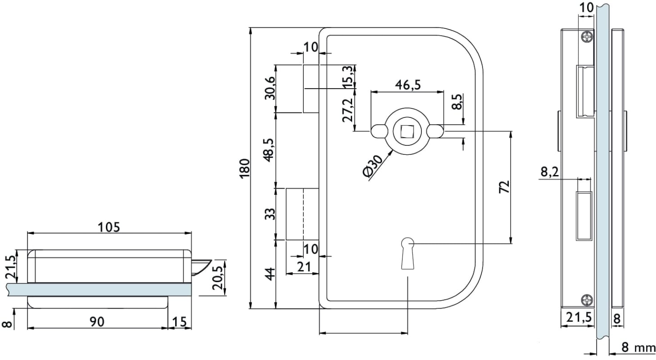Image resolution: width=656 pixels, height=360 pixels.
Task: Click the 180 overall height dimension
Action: [244, 168]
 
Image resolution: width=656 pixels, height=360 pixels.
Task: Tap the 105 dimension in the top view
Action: [109, 227]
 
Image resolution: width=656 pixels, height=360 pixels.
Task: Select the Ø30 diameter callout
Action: [373, 166]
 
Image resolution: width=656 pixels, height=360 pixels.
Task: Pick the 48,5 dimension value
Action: [269, 149]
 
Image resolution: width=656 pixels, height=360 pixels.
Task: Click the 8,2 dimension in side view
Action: [549, 171]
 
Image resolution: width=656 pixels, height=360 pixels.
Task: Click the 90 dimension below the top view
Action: [97, 321]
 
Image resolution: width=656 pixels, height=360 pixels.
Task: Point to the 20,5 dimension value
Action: [219, 278]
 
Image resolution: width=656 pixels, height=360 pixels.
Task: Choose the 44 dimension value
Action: [269, 274]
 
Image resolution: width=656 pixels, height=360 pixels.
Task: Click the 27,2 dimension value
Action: [347, 111]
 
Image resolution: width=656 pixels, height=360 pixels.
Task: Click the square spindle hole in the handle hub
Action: [407, 131]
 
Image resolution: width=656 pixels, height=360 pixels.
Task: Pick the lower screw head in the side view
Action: [587, 299]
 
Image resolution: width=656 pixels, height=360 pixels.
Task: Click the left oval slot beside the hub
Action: [380, 131]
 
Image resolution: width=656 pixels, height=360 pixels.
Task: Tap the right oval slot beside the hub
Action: [435, 131]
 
